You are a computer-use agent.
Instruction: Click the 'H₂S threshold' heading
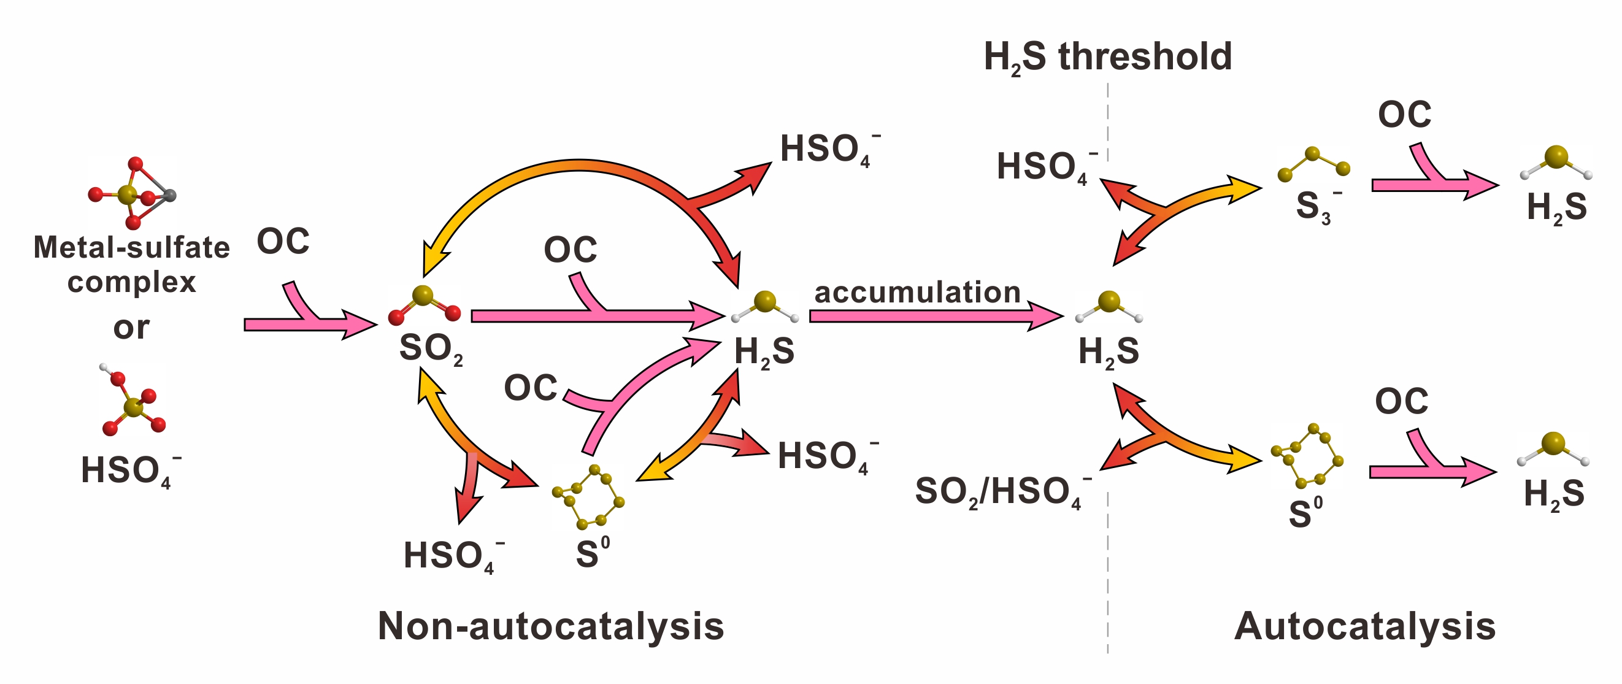pyautogui.click(x=1107, y=56)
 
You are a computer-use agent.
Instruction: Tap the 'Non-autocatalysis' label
pyautogui.click(x=551, y=626)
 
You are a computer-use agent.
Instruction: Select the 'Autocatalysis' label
pyautogui.click(x=1364, y=626)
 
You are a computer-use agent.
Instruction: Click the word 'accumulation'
pyautogui.click(x=917, y=292)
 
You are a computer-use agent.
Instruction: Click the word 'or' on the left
pyautogui.click(x=132, y=327)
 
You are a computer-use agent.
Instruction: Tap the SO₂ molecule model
pyautogui.click(x=424, y=305)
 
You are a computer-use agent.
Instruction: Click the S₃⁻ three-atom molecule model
pyautogui.click(x=1313, y=164)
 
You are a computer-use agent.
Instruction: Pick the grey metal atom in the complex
pyautogui.click(x=169, y=195)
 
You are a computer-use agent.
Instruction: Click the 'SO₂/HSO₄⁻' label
pyautogui.click(x=1002, y=491)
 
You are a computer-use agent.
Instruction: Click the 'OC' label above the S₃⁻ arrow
pyautogui.click(x=1404, y=115)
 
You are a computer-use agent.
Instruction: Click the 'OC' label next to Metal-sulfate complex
pyautogui.click(x=283, y=241)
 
